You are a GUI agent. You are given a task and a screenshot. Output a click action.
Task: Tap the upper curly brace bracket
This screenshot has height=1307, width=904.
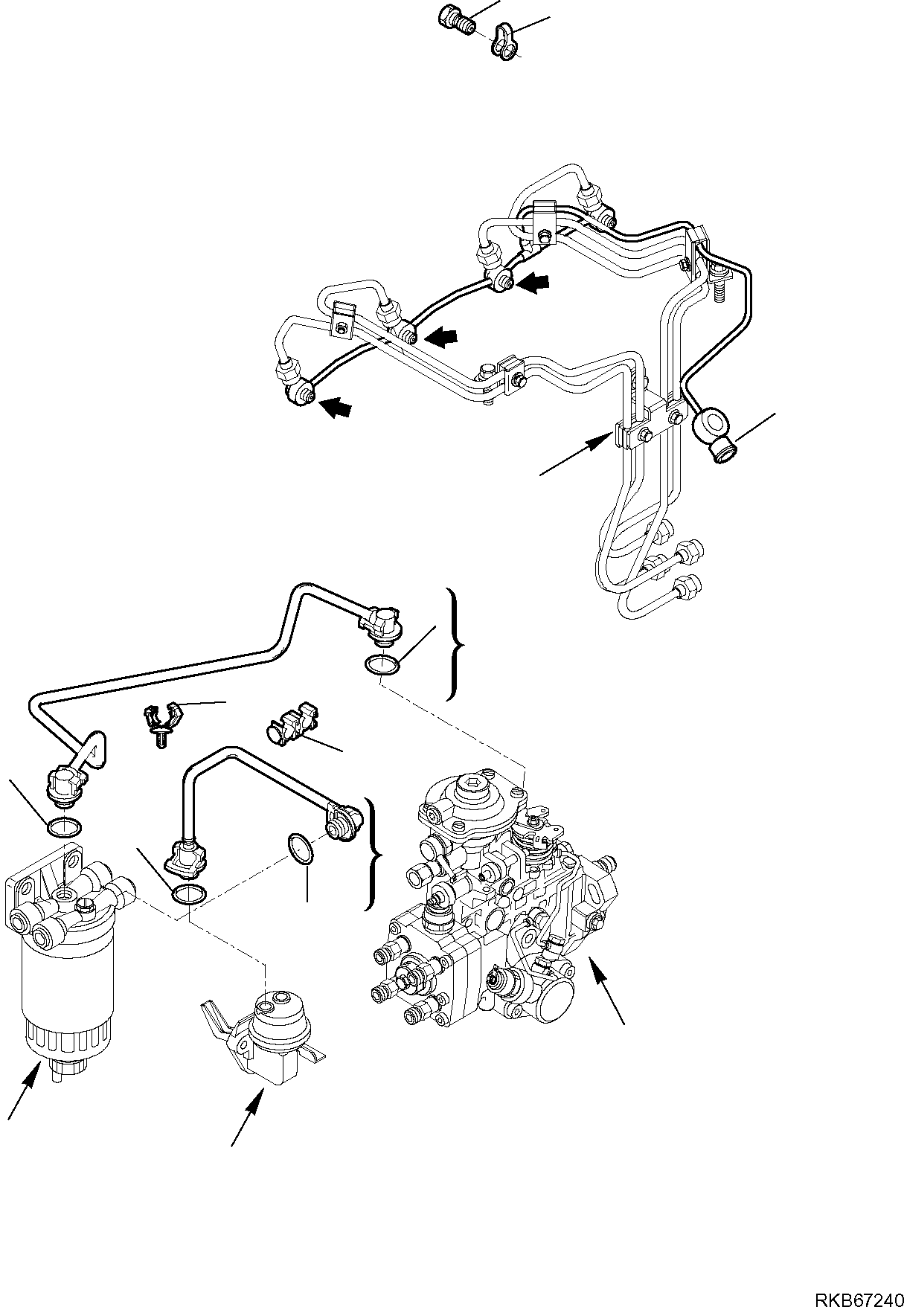[x=454, y=644]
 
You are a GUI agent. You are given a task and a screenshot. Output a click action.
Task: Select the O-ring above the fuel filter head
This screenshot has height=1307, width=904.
[x=64, y=826]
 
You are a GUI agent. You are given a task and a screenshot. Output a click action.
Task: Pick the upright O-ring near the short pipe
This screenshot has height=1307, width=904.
[x=301, y=849]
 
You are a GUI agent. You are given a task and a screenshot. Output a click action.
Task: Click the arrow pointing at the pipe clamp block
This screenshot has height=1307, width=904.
[x=573, y=455]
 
